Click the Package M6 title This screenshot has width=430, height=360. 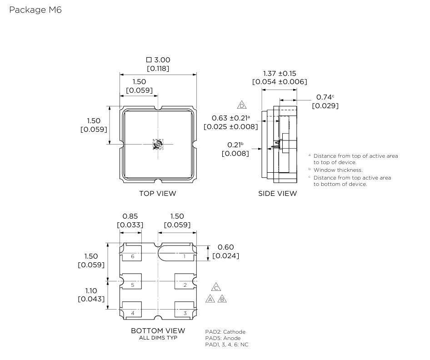pos(35,10)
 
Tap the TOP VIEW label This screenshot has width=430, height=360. pos(157,194)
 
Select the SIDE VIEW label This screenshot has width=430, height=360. pos(277,194)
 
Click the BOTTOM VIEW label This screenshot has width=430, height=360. pos(158,330)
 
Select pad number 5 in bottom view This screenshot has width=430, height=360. pos(132,285)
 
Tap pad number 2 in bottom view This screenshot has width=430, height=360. pos(185,285)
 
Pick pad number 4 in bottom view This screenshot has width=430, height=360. pos(132,313)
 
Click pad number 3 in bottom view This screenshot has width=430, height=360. pos(185,313)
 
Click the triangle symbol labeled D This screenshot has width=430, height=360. pos(242,105)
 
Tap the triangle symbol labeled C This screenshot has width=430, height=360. pos(216,287)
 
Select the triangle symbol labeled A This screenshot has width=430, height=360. pos(210,299)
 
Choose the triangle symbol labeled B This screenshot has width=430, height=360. pos(222,299)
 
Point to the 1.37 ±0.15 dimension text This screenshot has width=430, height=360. pos(280,74)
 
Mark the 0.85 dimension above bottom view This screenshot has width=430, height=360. pos(130,216)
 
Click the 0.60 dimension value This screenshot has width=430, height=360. pos(226,247)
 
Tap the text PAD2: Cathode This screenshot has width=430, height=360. pos(225,332)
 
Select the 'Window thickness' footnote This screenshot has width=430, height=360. pos(338,170)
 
